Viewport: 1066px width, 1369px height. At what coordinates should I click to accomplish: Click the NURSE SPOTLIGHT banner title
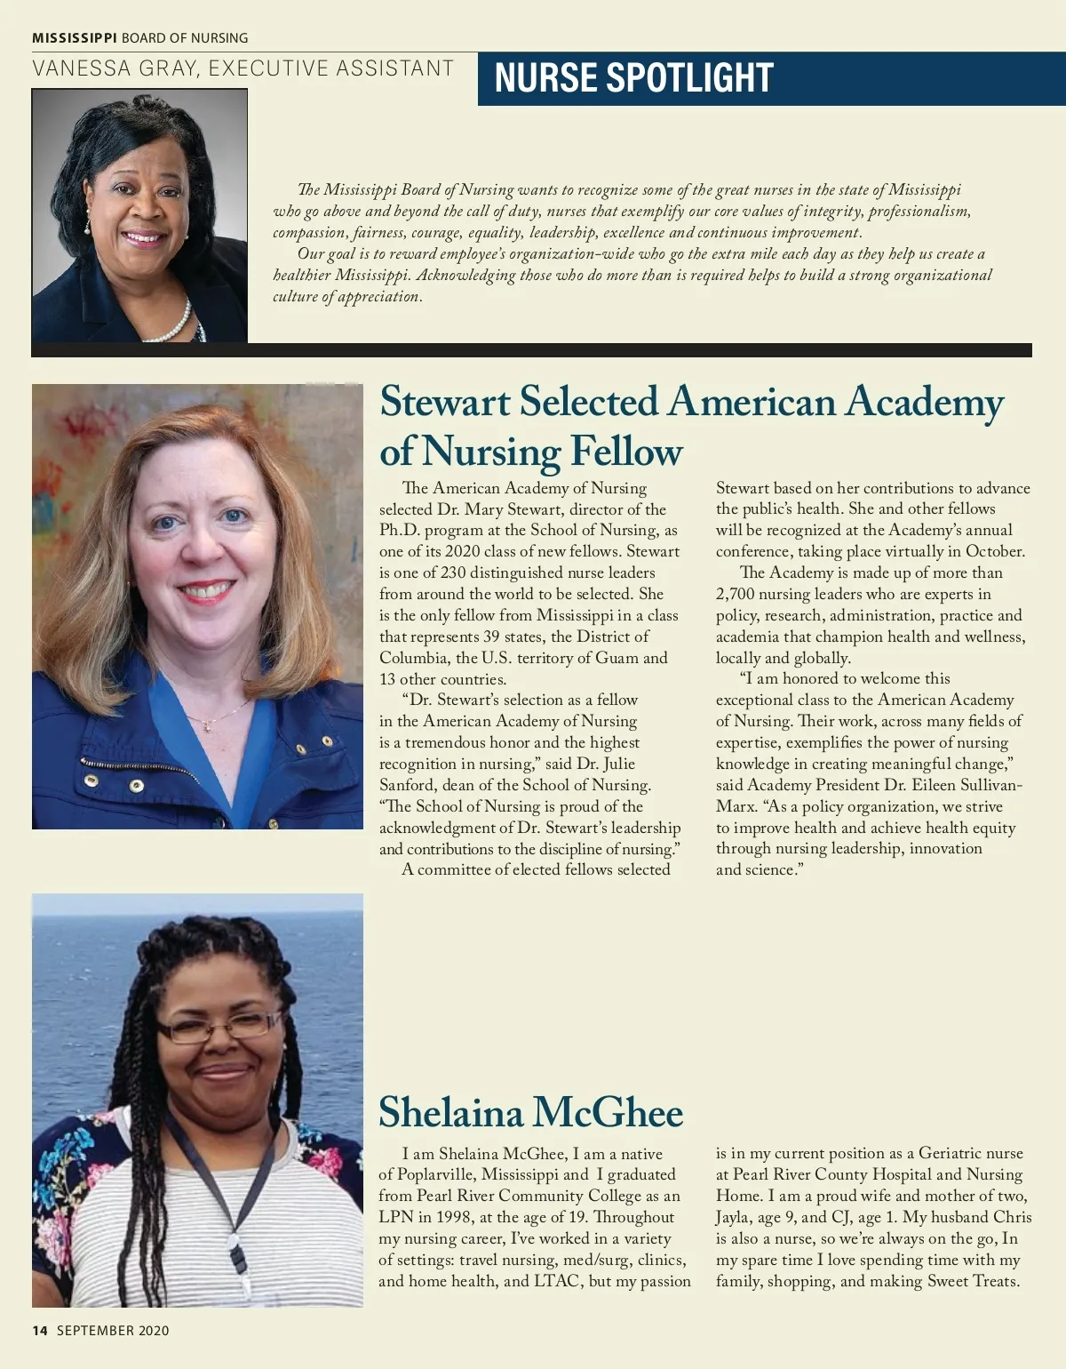point(633,78)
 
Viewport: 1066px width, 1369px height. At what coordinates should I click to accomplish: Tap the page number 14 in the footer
point(39,1331)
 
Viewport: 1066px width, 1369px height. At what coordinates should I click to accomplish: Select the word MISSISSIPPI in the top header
point(75,38)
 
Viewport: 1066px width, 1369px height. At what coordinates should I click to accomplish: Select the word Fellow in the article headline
point(625,452)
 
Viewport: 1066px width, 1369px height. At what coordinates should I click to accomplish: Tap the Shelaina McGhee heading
point(530,1112)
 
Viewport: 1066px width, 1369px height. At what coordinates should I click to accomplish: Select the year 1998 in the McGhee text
point(454,1217)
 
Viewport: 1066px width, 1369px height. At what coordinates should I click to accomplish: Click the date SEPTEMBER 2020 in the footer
point(113,1331)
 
